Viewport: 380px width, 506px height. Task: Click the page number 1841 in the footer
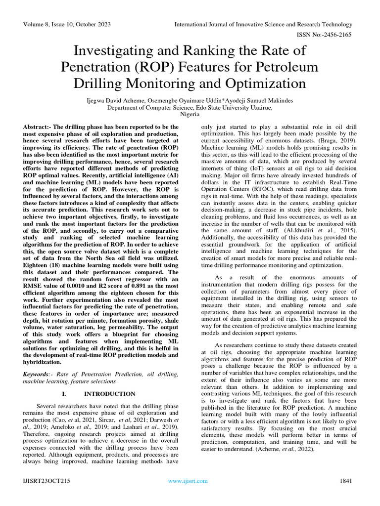click(x=345, y=481)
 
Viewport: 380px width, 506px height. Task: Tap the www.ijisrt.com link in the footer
click(x=188, y=481)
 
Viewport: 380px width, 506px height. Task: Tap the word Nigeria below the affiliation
click(x=190, y=114)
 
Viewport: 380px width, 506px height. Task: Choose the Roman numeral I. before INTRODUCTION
click(x=64, y=394)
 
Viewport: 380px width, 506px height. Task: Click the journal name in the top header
click(x=264, y=24)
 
